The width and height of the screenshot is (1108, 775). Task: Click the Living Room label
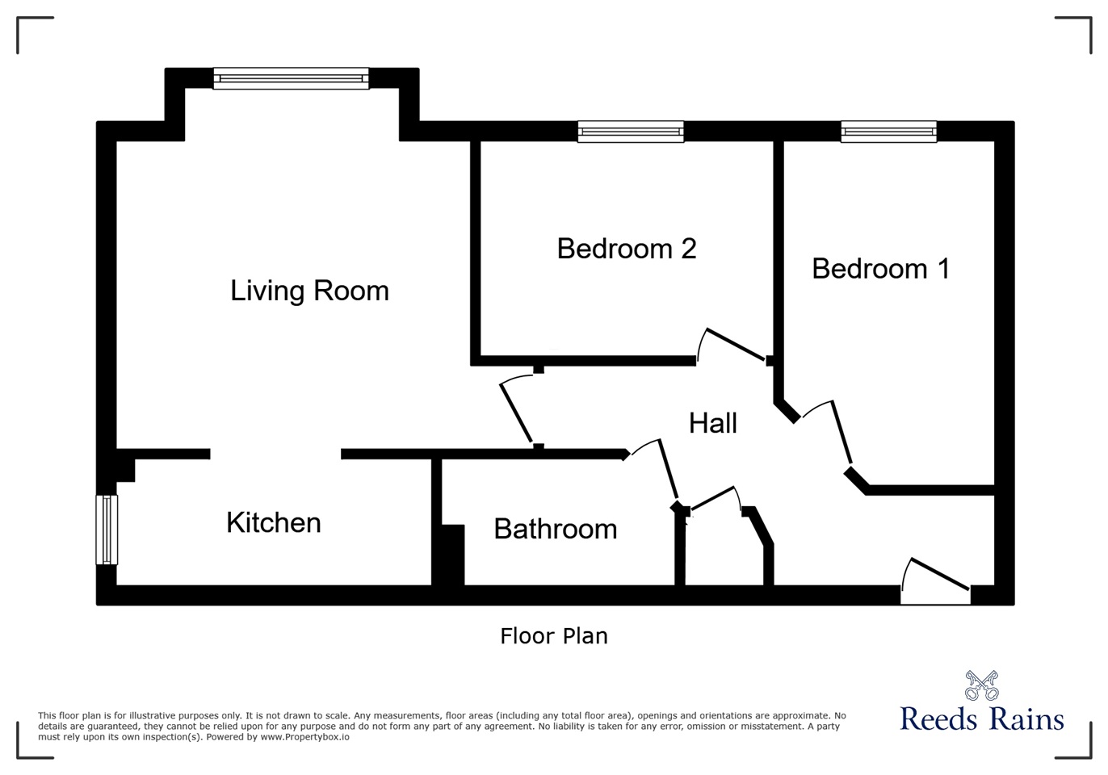[x=309, y=291]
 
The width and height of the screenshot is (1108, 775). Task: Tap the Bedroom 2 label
[x=627, y=249]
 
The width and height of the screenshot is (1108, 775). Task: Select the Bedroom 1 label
[x=880, y=269]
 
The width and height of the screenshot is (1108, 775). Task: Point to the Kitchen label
[x=274, y=523]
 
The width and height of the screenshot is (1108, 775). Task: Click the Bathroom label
[x=556, y=529]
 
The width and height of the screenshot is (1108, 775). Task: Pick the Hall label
[x=713, y=423]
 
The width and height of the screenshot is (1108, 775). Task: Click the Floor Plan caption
[x=554, y=636]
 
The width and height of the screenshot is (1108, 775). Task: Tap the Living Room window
[x=291, y=78]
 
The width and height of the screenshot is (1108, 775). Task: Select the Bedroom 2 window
[x=631, y=132]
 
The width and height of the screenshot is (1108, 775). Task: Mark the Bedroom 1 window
[x=888, y=132]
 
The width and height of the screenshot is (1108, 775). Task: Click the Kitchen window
[x=107, y=530]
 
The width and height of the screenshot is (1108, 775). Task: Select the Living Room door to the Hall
[x=517, y=412]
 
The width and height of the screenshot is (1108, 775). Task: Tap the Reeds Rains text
[x=982, y=718]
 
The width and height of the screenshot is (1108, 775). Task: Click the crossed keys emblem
[x=982, y=686]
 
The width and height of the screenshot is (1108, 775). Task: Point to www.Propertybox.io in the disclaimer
[x=304, y=737]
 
